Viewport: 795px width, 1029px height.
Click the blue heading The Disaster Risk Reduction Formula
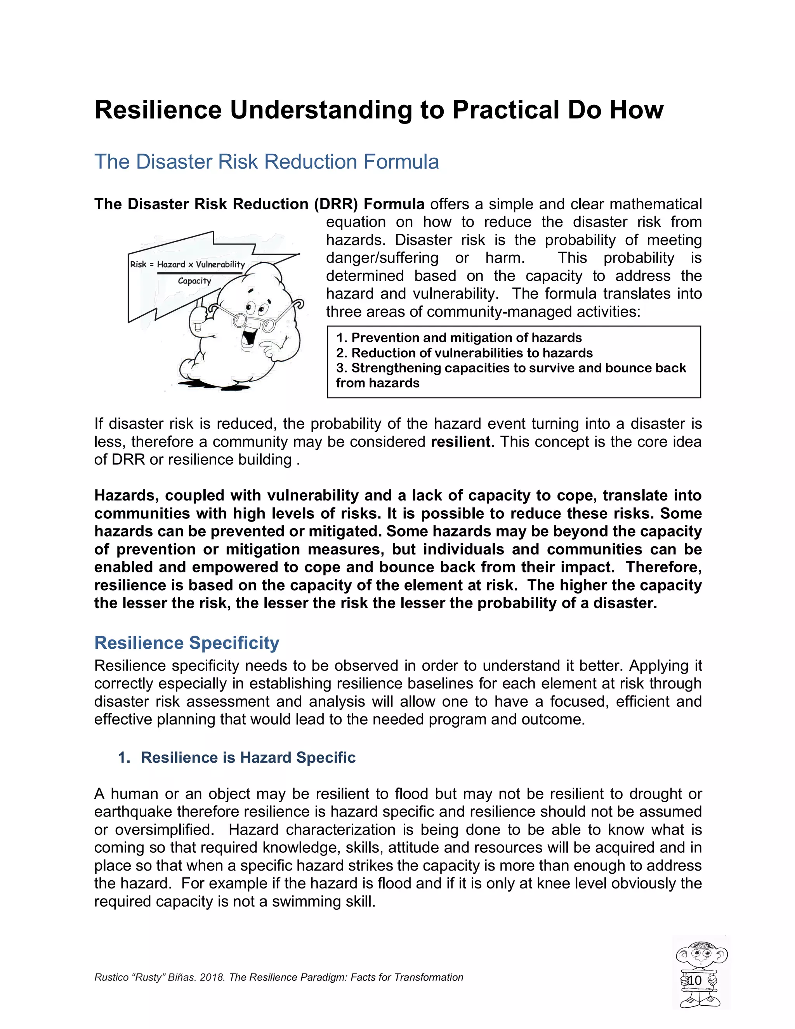(267, 162)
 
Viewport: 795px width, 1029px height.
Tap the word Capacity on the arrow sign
(194, 281)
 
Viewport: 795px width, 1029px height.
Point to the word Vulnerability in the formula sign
(220, 264)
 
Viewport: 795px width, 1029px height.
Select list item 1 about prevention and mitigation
(459, 338)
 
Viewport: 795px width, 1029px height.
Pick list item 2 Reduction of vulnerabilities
(464, 353)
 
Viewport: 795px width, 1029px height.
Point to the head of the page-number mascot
(701, 954)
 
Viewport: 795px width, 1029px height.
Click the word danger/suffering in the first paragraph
(382, 258)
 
